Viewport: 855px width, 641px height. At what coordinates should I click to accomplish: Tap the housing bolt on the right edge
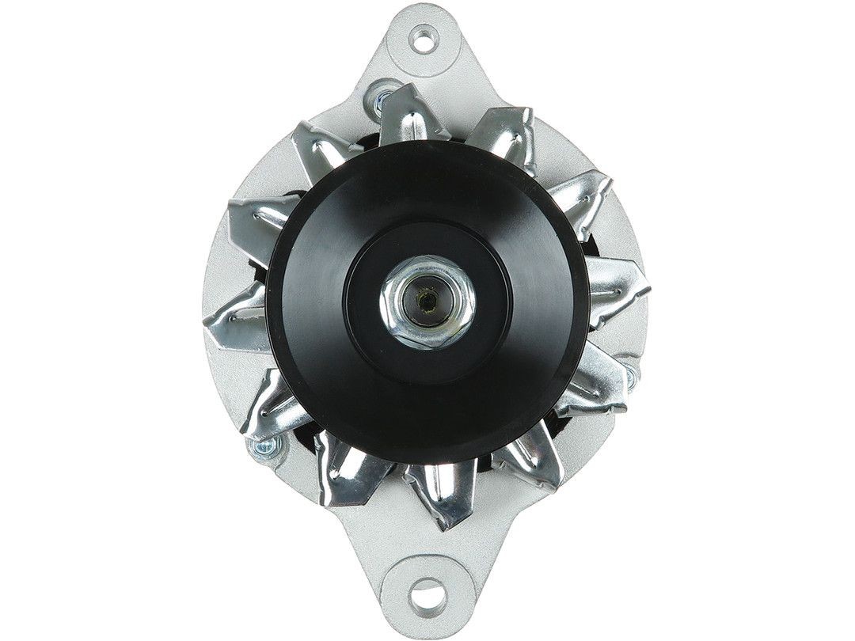pos(631,369)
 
